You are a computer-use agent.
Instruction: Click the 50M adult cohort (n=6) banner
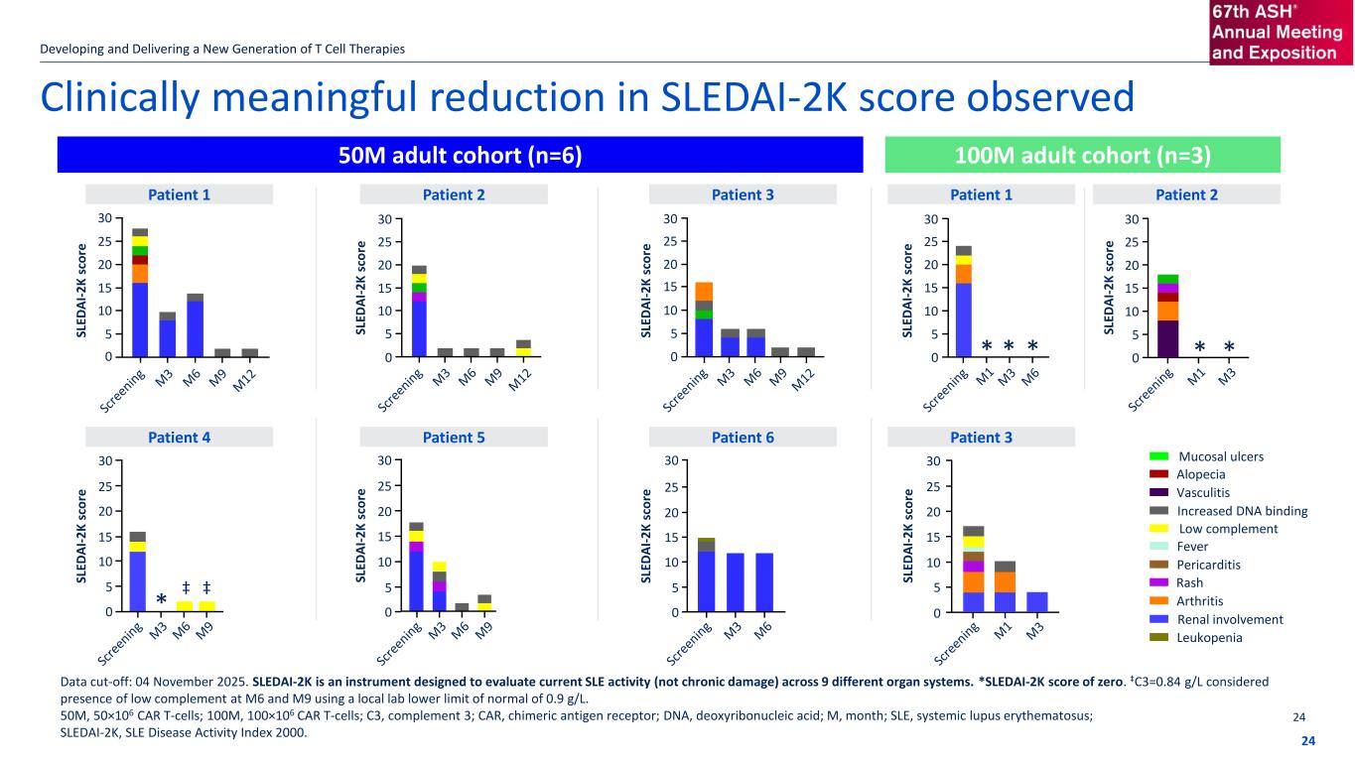[x=460, y=155]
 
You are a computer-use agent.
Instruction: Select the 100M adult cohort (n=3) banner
[x=1082, y=155]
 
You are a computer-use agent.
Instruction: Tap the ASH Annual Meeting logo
[x=1281, y=33]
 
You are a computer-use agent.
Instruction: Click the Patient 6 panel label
[x=741, y=437]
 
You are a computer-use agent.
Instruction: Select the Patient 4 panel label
[x=179, y=437]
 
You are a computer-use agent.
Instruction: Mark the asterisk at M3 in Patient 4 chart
[x=161, y=601]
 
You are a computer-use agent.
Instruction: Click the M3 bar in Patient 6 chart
[x=736, y=582]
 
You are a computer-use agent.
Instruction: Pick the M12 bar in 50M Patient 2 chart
[x=522, y=348]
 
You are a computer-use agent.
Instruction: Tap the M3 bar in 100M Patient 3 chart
[x=1036, y=602]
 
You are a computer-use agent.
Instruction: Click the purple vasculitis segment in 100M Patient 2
[x=1168, y=338]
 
